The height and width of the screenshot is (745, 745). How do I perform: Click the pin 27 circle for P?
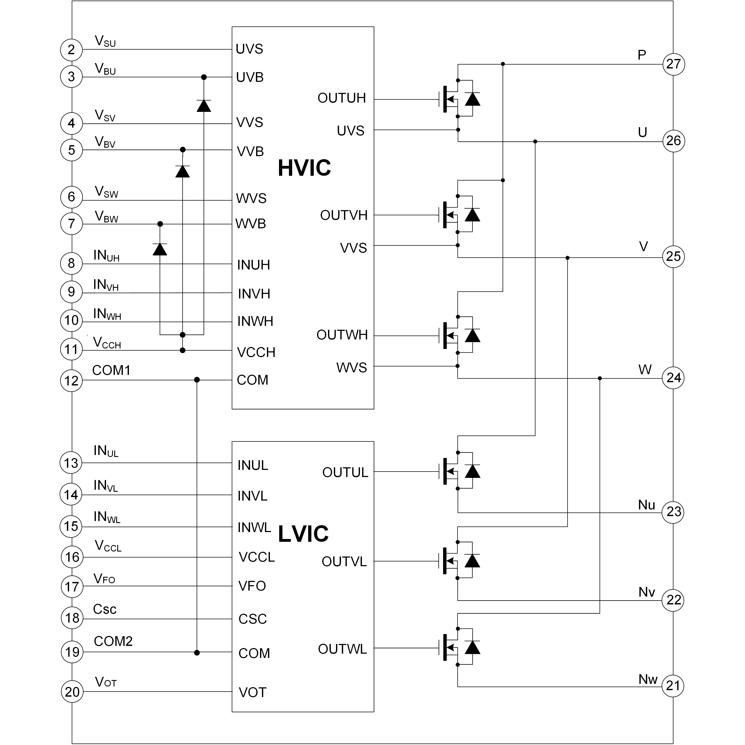point(673,64)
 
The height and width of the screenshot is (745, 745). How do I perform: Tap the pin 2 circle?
point(71,50)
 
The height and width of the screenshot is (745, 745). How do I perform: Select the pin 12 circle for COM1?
point(71,380)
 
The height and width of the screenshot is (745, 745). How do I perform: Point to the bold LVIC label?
point(303,534)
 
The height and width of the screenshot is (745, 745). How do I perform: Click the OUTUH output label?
point(342,98)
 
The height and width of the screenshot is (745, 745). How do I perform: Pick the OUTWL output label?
point(342,649)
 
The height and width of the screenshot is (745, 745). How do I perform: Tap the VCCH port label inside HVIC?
point(256,352)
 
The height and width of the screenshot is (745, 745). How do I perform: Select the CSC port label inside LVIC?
point(253,619)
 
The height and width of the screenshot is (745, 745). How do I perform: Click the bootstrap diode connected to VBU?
point(204,106)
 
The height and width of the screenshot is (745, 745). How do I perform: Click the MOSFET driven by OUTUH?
point(460,99)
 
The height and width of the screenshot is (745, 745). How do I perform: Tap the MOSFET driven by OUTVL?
point(460,561)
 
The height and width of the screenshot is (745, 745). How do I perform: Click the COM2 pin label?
point(113,641)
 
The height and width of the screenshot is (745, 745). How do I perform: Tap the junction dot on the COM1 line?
point(197,380)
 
